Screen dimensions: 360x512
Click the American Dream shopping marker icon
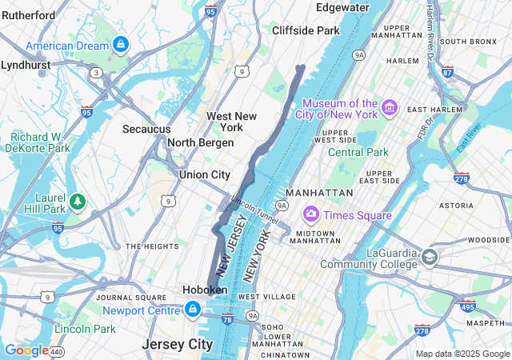coord(120,44)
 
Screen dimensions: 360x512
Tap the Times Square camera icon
coord(310,214)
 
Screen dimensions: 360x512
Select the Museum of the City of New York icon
coord(390,107)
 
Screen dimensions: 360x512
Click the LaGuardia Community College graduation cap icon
coord(430,257)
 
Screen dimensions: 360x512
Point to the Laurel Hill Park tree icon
coord(78,199)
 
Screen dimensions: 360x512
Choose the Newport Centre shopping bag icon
coord(193,309)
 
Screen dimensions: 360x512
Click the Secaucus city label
coord(146,129)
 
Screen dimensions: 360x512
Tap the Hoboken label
coord(204,290)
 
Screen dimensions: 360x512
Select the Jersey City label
coord(178,344)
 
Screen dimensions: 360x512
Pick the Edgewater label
coord(342,7)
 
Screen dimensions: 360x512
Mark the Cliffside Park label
coord(306,30)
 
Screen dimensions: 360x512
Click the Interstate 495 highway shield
coord(468,306)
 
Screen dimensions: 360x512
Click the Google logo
coord(26,350)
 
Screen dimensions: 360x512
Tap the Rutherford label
coord(29,15)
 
